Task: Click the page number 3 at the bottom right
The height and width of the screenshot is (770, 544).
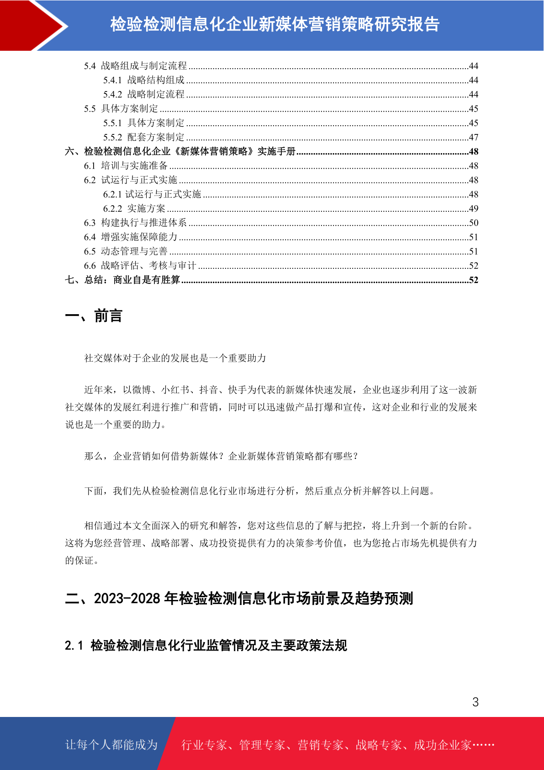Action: [475, 702]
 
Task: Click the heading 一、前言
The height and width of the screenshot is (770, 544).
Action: [94, 315]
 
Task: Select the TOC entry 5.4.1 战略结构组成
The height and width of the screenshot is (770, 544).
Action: [144, 80]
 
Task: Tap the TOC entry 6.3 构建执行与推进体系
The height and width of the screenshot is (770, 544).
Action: [135, 223]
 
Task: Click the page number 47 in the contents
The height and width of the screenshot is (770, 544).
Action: [473, 137]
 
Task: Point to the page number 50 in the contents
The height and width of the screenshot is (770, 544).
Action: [473, 223]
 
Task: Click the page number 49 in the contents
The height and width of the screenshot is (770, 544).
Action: [473, 209]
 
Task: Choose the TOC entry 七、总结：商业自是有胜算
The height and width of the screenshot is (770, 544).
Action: [122, 280]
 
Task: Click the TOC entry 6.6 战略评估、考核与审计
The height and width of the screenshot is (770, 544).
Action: [140, 266]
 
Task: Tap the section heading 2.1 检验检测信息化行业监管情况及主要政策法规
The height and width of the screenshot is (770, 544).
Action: [206, 645]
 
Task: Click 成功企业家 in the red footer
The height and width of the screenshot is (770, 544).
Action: [442, 745]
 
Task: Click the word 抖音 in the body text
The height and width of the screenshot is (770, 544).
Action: [209, 390]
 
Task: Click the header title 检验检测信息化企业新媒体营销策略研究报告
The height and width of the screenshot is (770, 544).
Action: [275, 24]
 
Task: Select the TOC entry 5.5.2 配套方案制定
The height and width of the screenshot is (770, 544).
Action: [144, 137]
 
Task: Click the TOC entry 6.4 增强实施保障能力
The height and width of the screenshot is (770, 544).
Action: [131, 237]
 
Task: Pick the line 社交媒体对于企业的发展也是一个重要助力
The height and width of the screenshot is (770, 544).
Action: [175, 358]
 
